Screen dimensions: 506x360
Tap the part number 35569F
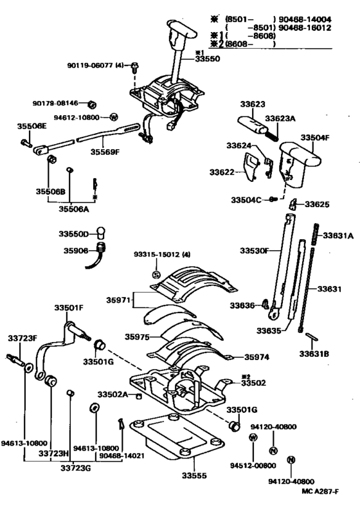pos(105,152)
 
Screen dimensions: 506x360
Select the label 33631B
pos(314,353)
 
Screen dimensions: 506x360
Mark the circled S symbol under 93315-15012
pos(156,275)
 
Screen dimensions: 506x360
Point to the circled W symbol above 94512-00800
pos(253,437)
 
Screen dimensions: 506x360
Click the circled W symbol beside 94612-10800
pos(113,117)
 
